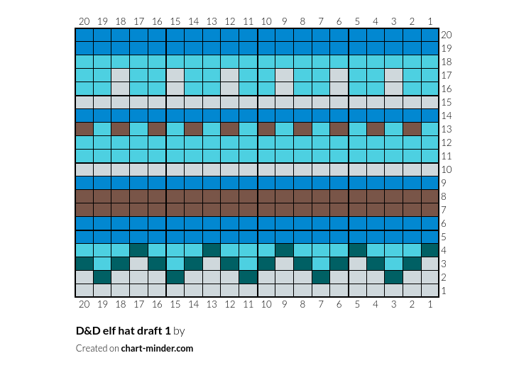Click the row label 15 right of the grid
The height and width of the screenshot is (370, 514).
pos(446,102)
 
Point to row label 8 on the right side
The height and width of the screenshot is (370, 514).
pos(444,196)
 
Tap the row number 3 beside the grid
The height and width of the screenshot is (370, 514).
pos(444,264)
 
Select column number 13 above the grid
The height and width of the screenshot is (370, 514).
pos(212,21)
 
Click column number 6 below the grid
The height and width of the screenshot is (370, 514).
pos(339,304)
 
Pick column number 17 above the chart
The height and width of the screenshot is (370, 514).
pos(138,21)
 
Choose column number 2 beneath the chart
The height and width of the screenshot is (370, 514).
pos(412,304)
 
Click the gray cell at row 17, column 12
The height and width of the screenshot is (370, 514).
pos(230,75)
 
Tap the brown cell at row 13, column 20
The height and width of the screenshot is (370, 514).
pos(84,129)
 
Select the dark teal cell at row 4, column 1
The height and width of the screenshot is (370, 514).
pos(430,250)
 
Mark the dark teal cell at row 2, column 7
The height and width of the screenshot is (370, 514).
pos(321,277)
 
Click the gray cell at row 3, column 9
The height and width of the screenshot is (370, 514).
pos(285,264)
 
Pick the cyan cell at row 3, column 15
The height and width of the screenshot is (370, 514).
pos(175,264)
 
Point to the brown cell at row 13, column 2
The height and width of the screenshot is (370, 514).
pos(412,129)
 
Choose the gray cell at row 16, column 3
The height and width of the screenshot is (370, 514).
pos(394,89)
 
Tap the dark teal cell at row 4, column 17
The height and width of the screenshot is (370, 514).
pos(139,250)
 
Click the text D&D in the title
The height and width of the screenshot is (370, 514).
pos(88,331)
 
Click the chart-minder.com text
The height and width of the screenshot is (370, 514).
pos(157,348)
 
